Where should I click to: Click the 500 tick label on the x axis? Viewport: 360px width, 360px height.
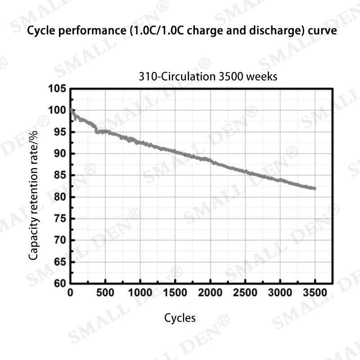[105, 293]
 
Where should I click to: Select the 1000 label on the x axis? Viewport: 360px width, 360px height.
[140, 293]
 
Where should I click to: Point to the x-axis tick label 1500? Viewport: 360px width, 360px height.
[175, 293]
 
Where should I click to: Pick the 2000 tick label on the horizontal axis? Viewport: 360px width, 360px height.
[210, 293]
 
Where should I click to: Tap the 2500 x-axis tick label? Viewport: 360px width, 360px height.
[245, 293]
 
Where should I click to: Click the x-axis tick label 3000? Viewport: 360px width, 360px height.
[280, 293]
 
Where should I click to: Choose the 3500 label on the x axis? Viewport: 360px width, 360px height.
[315, 293]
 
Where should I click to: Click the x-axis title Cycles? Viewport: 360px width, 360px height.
[180, 318]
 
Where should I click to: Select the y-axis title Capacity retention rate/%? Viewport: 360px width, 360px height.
[34, 194]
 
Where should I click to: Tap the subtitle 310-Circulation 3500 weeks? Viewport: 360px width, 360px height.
[208, 76]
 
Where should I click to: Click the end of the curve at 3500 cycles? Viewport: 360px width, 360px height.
[315, 188]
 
